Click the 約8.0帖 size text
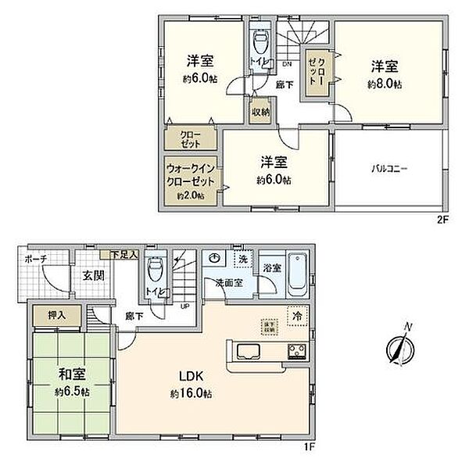click(385, 84)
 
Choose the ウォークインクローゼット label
click(192, 173)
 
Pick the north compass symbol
click(399, 347)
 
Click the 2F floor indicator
click(442, 220)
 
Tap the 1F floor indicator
click(310, 447)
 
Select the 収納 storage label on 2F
click(260, 112)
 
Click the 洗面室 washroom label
click(229, 284)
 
